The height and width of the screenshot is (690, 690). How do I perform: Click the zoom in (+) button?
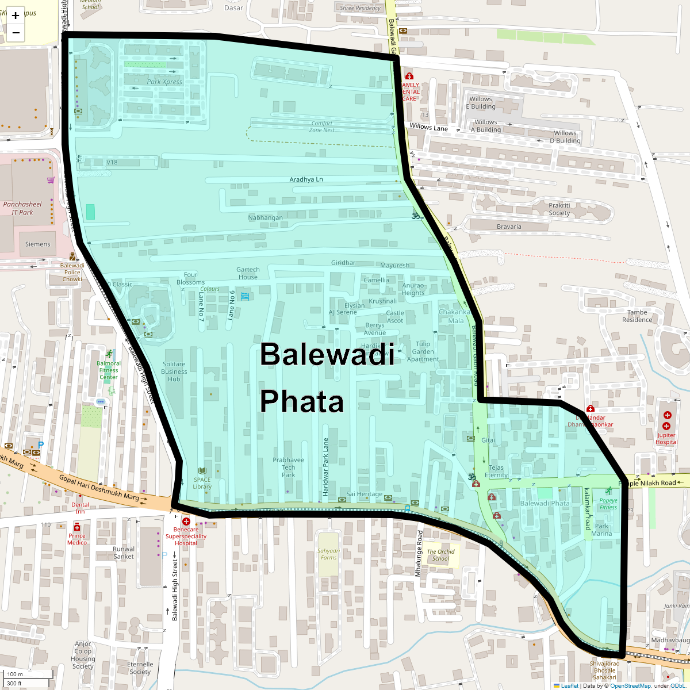click(x=16, y=16)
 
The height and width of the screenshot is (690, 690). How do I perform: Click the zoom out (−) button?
click(x=16, y=33)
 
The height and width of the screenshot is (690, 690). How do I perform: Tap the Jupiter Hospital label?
click(x=666, y=439)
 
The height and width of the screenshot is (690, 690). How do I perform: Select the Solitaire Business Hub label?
click(x=174, y=371)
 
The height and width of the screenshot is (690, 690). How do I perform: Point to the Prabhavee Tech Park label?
click(x=289, y=467)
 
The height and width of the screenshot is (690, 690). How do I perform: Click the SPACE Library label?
click(x=202, y=483)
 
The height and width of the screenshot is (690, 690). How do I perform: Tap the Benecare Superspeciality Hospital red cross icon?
click(x=186, y=521)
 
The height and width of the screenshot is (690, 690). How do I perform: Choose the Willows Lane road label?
click(x=428, y=127)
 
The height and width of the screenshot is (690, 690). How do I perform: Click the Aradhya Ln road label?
click(x=306, y=179)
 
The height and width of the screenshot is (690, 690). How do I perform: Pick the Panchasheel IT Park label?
click(x=22, y=208)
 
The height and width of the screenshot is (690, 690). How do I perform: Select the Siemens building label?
click(x=37, y=244)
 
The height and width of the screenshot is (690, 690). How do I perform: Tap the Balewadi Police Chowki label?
click(x=72, y=273)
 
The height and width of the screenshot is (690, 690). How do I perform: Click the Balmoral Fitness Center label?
click(x=109, y=370)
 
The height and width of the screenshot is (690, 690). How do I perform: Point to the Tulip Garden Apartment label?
click(x=423, y=351)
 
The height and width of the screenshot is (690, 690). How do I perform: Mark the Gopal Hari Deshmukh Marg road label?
click(x=99, y=488)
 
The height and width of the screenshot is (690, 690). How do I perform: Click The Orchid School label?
click(x=441, y=555)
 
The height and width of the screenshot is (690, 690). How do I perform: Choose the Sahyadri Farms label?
click(x=329, y=554)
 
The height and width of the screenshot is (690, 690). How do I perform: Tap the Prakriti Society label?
click(x=559, y=209)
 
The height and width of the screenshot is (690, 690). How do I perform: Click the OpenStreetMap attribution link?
click(x=630, y=685)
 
